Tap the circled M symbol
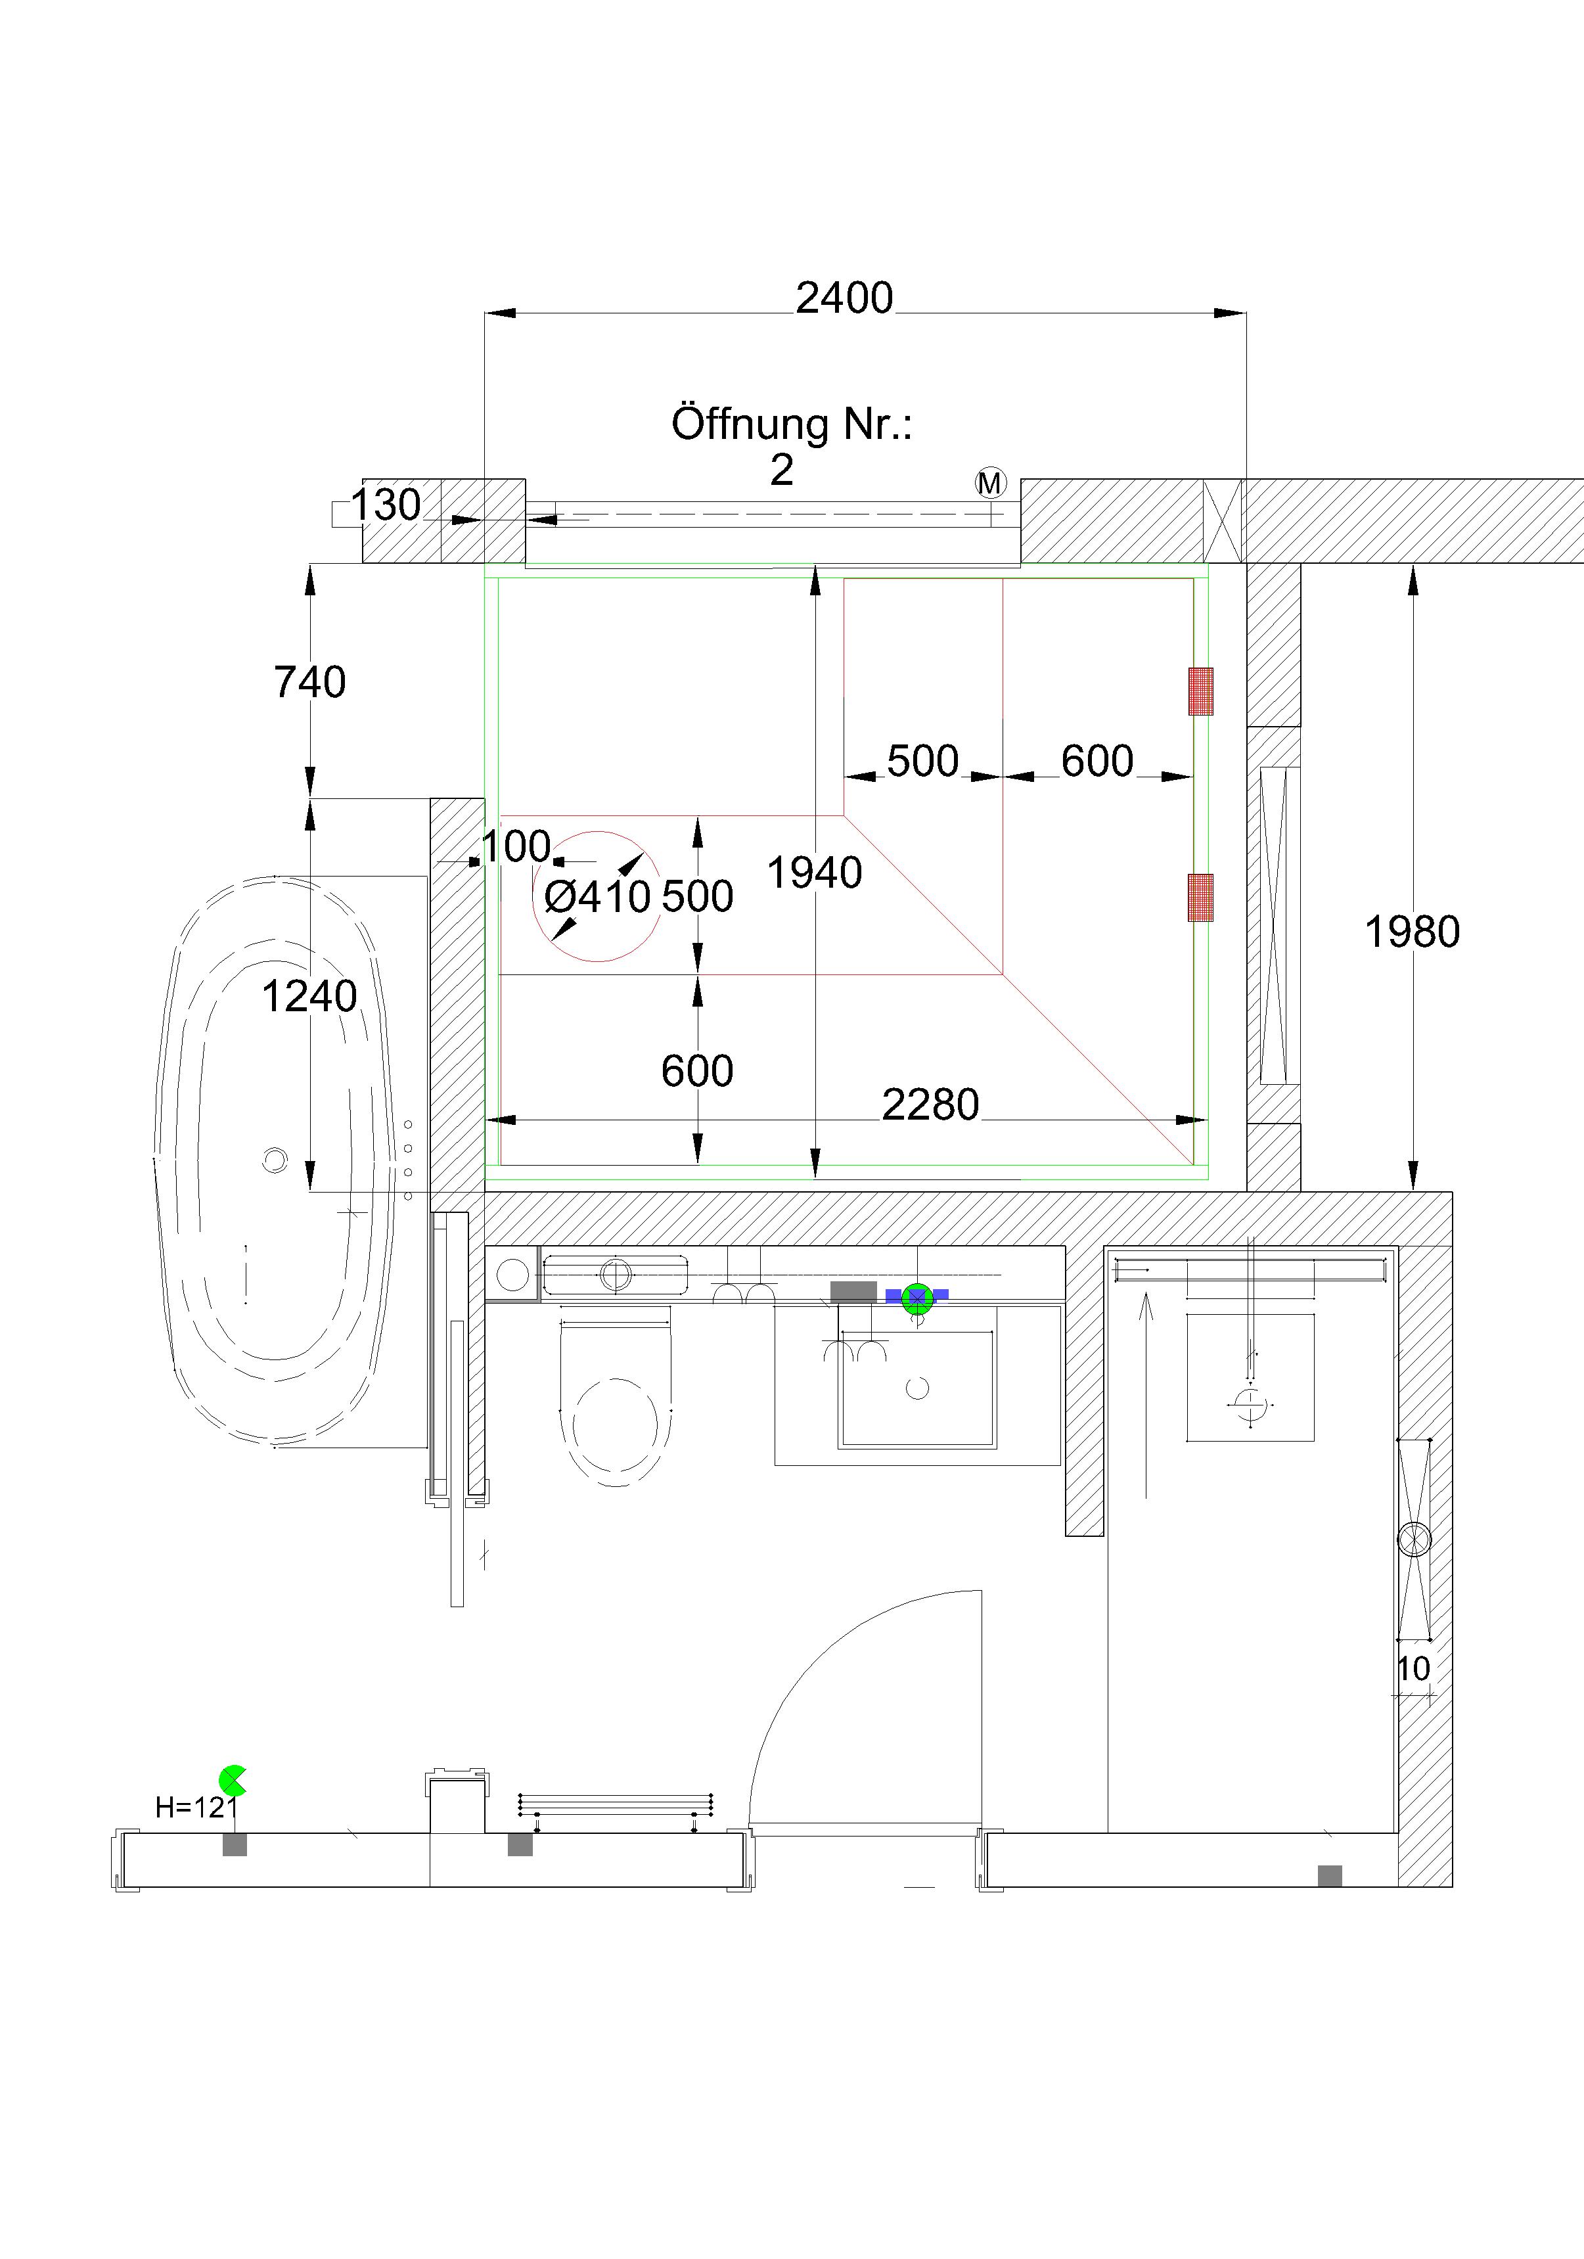(x=990, y=482)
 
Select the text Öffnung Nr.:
(x=791, y=424)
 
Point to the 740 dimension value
(x=310, y=682)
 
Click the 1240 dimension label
(x=309, y=997)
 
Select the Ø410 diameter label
(x=597, y=896)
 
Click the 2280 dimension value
(x=930, y=1105)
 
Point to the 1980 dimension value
(x=1412, y=932)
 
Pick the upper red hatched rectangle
(x=1200, y=691)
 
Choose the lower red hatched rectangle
(x=1200, y=898)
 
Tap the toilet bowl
(x=615, y=1426)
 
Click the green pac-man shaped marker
(x=232, y=1780)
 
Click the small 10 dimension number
(x=1413, y=1669)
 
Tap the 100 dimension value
(x=516, y=846)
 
